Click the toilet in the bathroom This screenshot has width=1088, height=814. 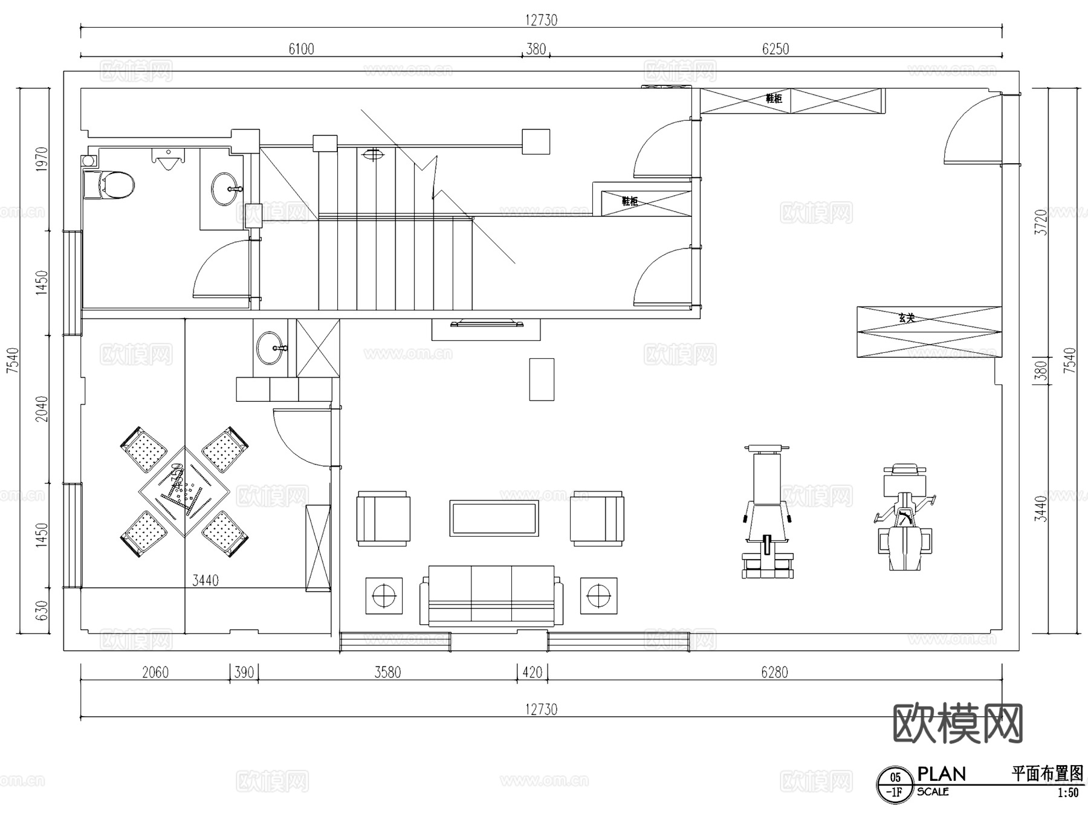[x=111, y=185]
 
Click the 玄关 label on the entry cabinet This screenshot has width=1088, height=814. [x=906, y=318]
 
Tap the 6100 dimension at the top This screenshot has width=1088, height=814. [x=301, y=49]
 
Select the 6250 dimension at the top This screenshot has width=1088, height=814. [x=775, y=49]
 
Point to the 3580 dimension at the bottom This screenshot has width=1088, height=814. [x=387, y=672]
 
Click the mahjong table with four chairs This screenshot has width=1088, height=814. [x=184, y=492]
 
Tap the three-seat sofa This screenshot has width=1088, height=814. [x=491, y=595]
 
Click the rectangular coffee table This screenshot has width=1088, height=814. [x=494, y=518]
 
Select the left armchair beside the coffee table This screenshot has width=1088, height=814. [x=383, y=518]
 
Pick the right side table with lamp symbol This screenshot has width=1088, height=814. [x=598, y=596]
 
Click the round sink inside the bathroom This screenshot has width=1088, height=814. [x=224, y=189]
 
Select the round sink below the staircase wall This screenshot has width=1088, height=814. [x=270, y=349]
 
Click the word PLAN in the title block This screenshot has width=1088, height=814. [x=941, y=774]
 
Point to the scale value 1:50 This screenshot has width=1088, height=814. [x=1067, y=793]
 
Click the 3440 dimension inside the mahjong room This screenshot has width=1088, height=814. [x=206, y=581]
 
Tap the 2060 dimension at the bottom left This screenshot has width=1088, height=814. [x=155, y=672]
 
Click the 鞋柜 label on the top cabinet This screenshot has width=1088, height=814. [x=774, y=99]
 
